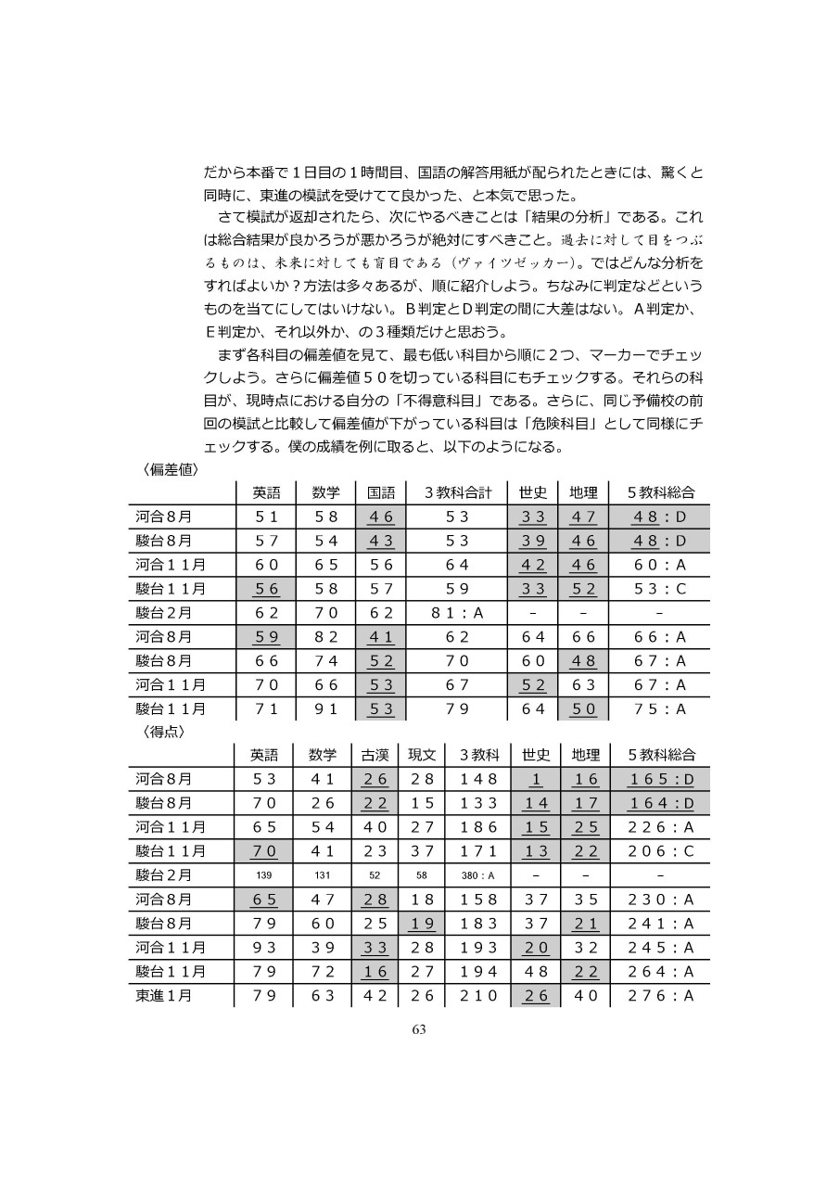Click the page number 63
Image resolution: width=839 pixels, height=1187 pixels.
tap(419, 1029)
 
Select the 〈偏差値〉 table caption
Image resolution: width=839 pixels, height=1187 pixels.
tap(172, 469)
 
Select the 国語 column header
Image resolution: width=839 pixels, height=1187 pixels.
tap(381, 492)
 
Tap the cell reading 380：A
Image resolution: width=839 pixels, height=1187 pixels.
tap(478, 874)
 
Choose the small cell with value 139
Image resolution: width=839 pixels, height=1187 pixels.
tap(264, 874)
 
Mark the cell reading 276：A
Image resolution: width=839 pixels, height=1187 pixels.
tap(660, 996)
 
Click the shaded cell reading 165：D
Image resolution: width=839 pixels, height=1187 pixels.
tap(660, 778)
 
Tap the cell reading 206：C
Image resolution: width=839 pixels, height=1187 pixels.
tap(660, 850)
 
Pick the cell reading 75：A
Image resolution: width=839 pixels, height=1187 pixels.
tap(660, 709)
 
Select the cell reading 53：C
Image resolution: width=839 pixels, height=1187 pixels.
tap(660, 589)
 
